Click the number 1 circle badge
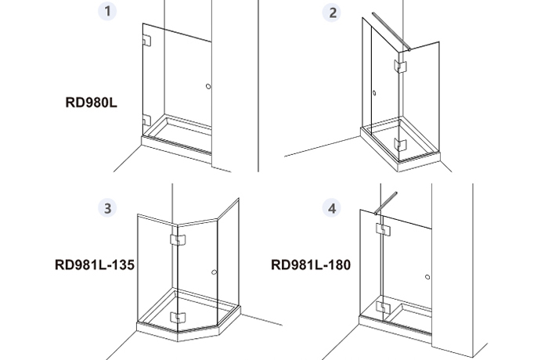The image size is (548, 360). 107,11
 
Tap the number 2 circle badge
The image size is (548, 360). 332,13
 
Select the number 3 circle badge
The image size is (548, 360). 107,208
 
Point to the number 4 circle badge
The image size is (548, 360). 331,208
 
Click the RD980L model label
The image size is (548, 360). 92,103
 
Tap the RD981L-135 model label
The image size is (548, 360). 95,265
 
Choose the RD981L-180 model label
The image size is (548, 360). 311,265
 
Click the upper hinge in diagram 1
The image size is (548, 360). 147,41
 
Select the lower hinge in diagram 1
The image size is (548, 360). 147,121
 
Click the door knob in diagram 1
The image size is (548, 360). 208,86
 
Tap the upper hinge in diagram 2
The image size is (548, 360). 400,66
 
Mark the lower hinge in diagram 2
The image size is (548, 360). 400,144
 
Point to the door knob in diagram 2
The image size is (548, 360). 374,93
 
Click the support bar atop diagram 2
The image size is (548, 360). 391,32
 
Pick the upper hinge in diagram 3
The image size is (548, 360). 178,239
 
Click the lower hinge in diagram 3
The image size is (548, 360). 178,318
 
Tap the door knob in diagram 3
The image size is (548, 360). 215,272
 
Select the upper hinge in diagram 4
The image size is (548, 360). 383,229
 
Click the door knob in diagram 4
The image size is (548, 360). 427,277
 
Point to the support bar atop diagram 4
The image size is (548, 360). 386,203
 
